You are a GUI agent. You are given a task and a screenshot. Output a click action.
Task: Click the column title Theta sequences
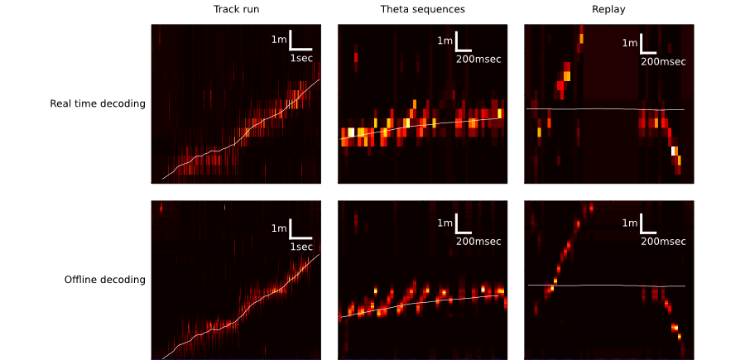point(422,10)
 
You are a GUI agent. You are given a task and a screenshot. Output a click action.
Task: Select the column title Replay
point(608,10)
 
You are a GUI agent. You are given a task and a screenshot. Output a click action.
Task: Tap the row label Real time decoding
point(98,104)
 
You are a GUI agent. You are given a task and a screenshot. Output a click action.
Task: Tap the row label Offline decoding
point(105,280)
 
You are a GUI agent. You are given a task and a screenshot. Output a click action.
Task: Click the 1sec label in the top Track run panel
point(301,59)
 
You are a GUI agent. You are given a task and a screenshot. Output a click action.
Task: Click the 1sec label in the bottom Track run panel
point(301,247)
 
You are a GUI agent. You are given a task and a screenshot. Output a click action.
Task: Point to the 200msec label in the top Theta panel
point(478,59)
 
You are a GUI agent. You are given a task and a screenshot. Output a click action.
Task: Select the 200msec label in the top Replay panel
point(663,61)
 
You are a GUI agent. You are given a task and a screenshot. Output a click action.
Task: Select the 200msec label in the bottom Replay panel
point(663,242)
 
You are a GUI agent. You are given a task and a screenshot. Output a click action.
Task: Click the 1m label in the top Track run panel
point(279,40)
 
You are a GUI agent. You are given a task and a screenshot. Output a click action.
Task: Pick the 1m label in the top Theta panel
point(445,41)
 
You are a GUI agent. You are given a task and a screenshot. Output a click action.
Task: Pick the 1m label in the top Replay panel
point(630,43)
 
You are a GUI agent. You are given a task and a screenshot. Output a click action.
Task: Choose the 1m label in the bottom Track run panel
point(279,228)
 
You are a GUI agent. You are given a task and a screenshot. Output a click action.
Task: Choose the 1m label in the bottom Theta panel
point(445,223)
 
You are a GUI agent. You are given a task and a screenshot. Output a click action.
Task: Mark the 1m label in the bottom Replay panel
point(630,223)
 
